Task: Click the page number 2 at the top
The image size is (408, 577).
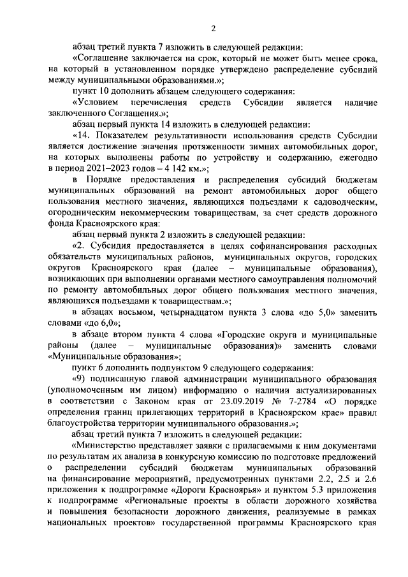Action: (x=214, y=28)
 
